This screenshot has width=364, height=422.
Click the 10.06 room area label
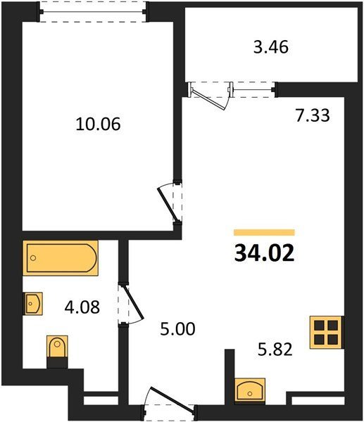pos(98,124)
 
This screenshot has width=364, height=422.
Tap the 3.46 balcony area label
pos(271,47)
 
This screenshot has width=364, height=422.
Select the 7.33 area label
pos(313,116)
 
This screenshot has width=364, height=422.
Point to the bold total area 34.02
pos(264,254)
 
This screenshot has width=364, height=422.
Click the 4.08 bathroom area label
pos(82,307)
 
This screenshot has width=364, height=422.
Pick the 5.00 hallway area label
pos(177,329)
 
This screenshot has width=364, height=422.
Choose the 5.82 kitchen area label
pos(275,350)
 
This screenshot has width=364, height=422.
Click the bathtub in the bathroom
pos(61,258)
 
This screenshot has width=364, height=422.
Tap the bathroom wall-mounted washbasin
pos(33,304)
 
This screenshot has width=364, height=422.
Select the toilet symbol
pos(57,351)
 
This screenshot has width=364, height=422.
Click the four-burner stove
pos(327,332)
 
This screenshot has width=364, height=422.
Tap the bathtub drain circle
pos(33,258)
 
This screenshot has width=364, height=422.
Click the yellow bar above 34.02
pos(264,232)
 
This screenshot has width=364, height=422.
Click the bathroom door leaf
pos(132,302)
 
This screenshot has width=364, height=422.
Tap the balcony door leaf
pos(208,99)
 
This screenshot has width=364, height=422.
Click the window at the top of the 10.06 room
pos(93,12)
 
